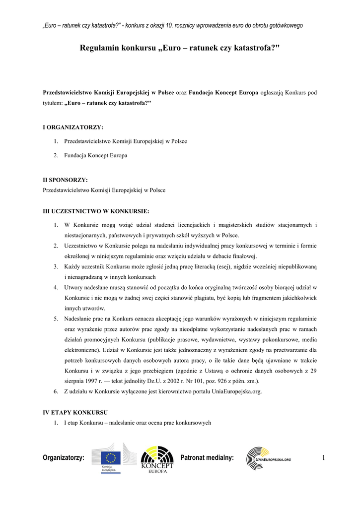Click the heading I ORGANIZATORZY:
pos(73,127)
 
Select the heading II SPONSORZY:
pos(66,180)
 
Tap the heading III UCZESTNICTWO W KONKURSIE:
pos(96,211)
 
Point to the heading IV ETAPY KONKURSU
pos(75,412)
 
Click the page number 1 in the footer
pos(323,457)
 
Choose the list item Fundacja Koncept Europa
pos(95,155)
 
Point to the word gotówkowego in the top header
pos(285,26)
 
